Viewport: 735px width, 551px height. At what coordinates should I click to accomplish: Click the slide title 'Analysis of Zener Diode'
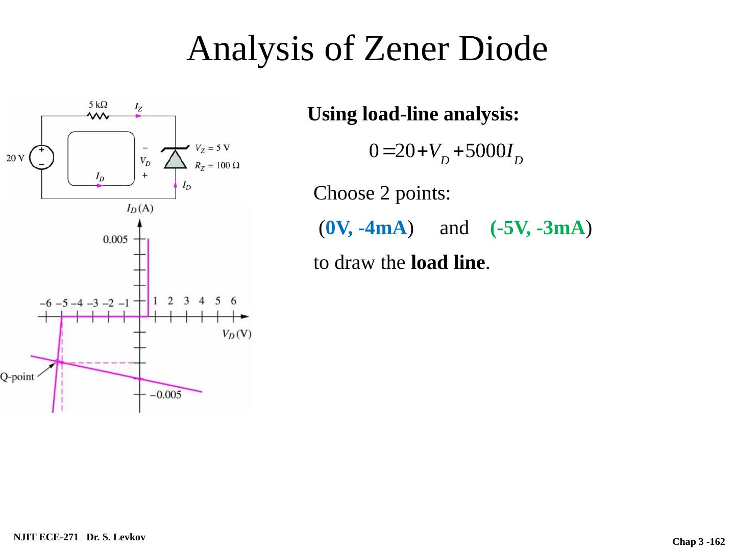[367, 49]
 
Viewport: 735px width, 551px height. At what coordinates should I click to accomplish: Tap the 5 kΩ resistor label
[98, 105]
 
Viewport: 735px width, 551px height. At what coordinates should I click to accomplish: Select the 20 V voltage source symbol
[41, 157]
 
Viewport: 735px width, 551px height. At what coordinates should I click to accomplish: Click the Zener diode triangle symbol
[175, 159]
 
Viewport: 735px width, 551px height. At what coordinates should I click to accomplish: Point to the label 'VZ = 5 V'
[212, 148]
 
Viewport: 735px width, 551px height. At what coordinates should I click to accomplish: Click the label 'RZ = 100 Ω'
[217, 165]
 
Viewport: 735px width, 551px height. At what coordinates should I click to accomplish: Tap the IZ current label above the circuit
[138, 107]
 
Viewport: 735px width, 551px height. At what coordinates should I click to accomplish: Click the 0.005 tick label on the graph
[115, 239]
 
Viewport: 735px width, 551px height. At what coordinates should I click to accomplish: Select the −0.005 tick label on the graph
[165, 394]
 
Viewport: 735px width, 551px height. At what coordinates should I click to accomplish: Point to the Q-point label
[17, 377]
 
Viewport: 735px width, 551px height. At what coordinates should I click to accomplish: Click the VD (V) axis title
[236, 334]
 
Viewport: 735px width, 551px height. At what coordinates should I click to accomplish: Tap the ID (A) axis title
[139, 208]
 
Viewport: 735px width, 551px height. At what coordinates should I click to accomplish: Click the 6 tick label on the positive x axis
[233, 300]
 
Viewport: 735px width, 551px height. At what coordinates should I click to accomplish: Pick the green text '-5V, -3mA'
[537, 228]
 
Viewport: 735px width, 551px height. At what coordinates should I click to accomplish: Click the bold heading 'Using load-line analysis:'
[413, 114]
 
